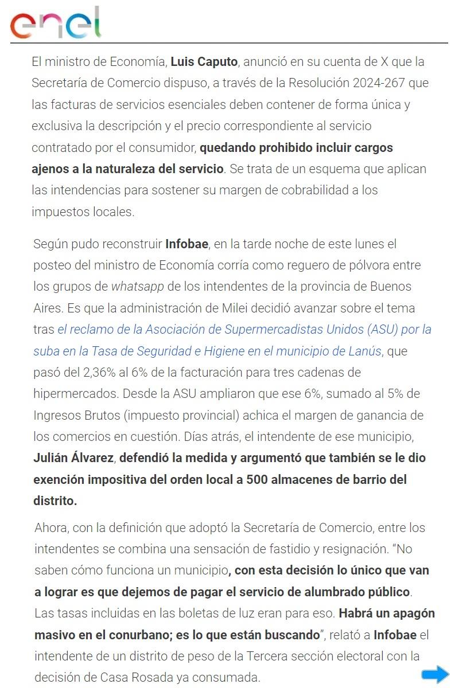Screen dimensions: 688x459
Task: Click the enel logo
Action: [55, 24]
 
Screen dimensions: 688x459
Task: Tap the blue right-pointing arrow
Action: [435, 674]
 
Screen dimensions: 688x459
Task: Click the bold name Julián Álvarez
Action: [73, 458]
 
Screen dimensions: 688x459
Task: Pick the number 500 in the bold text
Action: [258, 479]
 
